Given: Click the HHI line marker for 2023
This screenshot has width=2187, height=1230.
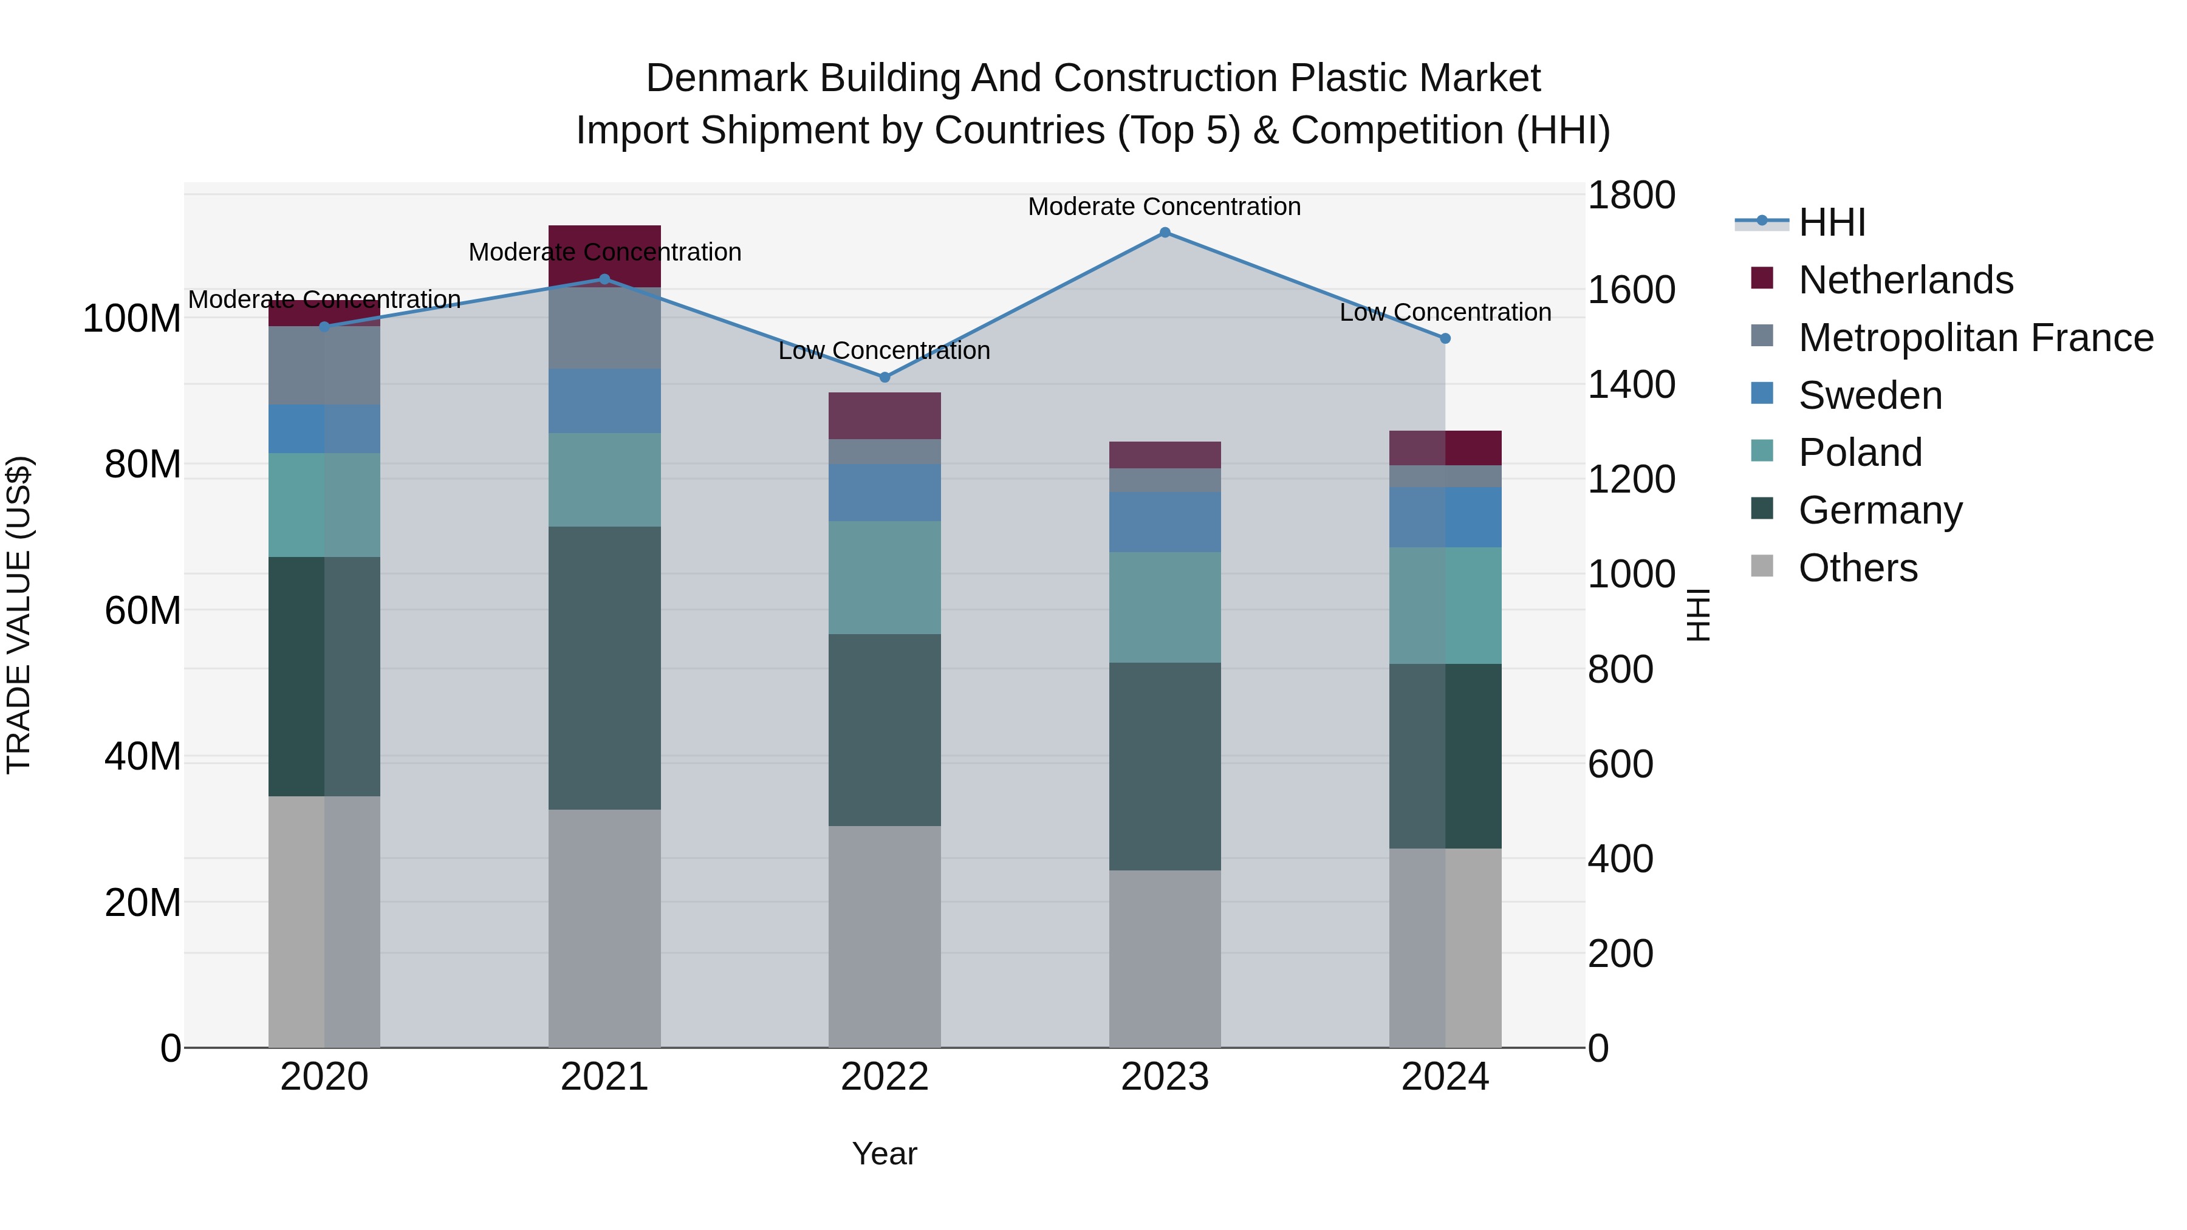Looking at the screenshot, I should [x=1165, y=233].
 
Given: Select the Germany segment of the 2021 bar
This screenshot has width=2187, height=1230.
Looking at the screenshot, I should [x=604, y=668].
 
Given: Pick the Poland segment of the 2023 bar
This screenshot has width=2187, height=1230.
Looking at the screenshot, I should [x=1165, y=608].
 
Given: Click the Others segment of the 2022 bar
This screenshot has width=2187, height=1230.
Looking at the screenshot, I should [x=885, y=936].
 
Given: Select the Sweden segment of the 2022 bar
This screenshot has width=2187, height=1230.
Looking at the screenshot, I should [x=885, y=493].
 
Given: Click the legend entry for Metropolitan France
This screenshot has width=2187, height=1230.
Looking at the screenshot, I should [x=1975, y=338].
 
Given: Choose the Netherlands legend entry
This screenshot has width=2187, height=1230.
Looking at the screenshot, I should [x=1905, y=280].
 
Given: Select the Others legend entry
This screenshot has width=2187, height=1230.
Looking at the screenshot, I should [x=1858, y=568].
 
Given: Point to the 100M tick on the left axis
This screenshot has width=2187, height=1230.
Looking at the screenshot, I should [x=132, y=319].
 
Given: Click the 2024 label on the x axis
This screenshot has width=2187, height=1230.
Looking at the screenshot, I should [x=1445, y=1077].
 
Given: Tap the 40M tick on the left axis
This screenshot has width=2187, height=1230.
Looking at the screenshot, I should [x=143, y=756].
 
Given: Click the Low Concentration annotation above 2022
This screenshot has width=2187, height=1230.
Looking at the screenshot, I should [x=885, y=350].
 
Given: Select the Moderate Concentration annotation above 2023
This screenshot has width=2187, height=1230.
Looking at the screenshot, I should [x=1164, y=207].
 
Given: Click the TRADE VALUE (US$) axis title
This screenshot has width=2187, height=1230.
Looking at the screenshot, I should [x=19, y=615].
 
